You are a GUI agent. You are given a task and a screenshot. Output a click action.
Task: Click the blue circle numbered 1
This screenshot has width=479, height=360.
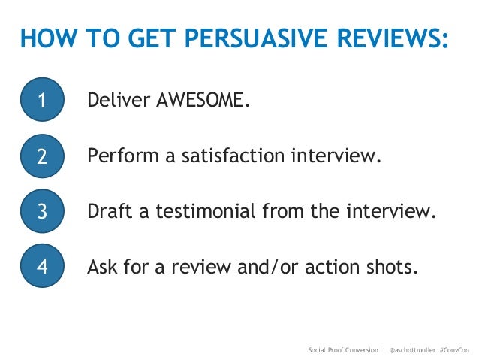coord(41,101)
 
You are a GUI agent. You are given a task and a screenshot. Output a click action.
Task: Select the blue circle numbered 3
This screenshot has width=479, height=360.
coord(41,212)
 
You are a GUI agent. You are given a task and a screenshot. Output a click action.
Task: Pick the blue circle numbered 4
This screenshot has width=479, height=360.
coord(41,268)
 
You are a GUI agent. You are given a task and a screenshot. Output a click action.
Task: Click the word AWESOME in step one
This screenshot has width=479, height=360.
coord(200,101)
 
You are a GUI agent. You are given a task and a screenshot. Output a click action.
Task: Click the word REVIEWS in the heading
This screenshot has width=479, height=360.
coord(380,38)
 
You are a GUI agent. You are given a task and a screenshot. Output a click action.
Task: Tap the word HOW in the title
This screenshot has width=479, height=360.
coord(43,38)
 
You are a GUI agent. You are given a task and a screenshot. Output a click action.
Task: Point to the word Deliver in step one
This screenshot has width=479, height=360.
coord(118,101)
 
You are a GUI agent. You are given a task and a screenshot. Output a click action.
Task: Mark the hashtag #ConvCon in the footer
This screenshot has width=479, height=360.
coord(454,350)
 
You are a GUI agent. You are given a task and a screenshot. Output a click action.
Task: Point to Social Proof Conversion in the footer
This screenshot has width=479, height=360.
coord(343,350)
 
